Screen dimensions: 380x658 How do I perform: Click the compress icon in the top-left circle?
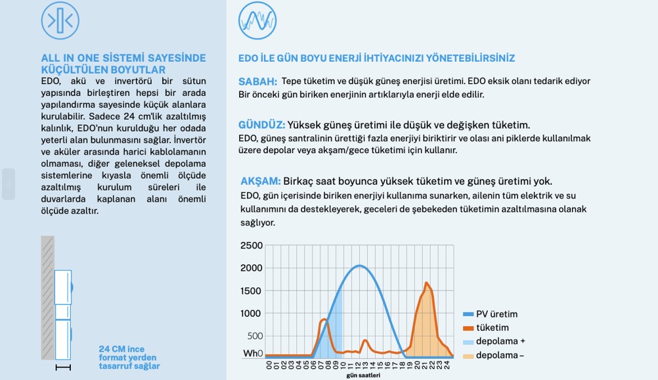[60, 20]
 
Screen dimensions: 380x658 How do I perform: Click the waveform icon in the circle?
[257, 20]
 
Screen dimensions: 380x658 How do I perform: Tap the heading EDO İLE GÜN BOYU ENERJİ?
[376, 59]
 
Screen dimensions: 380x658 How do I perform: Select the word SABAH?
[257, 82]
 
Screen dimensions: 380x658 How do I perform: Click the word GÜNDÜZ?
[261, 125]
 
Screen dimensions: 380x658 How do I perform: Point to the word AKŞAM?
[261, 181]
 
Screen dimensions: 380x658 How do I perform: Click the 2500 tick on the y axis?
[252, 246]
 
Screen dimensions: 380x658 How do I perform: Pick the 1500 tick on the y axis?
[252, 291]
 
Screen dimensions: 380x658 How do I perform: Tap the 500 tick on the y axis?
[254, 336]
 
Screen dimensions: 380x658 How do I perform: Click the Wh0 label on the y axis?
[253, 354]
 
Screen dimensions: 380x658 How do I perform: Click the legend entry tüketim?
[493, 328]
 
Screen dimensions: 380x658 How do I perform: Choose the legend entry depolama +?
[501, 342]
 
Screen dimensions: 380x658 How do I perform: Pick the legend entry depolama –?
[501, 356]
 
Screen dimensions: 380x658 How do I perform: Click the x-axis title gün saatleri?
[363, 376]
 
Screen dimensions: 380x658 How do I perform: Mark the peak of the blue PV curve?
[359, 266]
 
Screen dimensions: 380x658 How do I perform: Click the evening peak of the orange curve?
[427, 283]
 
